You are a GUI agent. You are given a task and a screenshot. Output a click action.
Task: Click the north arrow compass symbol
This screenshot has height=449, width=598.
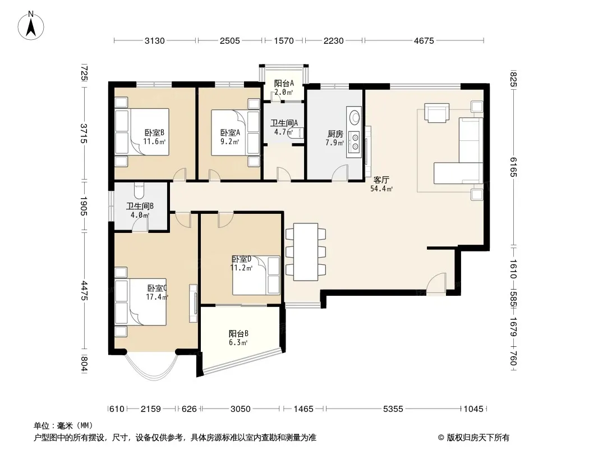(31, 25)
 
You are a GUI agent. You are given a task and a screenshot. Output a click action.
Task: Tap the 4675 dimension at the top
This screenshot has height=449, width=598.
(424, 40)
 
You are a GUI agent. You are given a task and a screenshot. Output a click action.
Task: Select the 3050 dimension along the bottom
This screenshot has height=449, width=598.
(240, 409)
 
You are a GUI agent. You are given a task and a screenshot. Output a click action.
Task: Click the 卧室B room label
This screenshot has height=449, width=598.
(154, 133)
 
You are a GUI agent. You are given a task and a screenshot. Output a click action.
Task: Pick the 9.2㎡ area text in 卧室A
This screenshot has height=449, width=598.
(230, 141)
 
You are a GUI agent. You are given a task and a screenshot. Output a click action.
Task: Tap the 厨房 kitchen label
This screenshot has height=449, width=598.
(335, 134)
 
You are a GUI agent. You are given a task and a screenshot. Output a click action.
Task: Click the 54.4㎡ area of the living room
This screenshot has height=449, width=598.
(381, 189)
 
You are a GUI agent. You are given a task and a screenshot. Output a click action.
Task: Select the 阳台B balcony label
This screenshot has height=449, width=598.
(238, 333)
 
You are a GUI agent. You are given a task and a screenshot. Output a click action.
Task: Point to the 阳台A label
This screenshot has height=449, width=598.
(284, 83)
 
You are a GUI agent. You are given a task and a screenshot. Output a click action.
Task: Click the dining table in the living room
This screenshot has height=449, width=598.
(306, 252)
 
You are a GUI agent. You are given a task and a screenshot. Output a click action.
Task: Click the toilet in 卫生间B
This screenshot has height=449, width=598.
(139, 190)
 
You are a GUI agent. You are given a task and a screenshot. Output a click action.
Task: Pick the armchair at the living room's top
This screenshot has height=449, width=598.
(436, 113)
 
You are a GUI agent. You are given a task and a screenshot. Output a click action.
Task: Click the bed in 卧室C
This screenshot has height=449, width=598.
(141, 302)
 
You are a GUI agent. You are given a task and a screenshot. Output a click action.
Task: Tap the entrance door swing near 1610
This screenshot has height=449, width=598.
(436, 284)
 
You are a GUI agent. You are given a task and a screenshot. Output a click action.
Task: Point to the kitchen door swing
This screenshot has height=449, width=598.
(340, 172)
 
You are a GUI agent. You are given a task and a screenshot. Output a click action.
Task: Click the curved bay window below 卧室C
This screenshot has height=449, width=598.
(151, 367)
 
